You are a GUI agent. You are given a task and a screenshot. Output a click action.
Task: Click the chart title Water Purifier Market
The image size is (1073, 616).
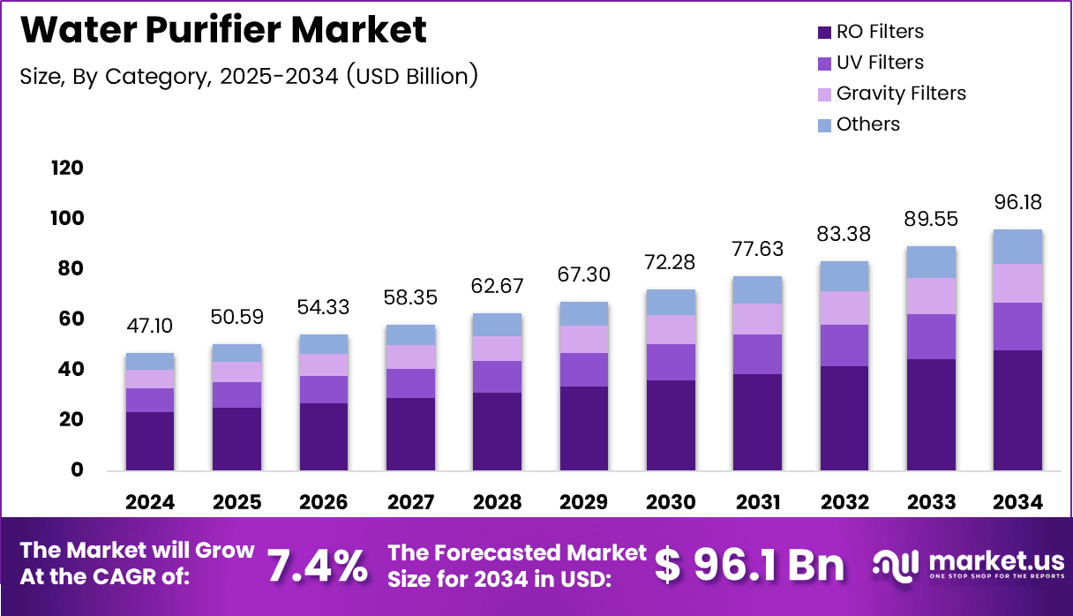[223, 30]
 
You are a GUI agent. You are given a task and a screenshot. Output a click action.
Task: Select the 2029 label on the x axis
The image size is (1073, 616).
[583, 502]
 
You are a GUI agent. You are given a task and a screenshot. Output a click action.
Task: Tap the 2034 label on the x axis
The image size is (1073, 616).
[1017, 502]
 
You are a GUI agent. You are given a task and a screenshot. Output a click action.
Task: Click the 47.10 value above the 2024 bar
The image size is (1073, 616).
[149, 327]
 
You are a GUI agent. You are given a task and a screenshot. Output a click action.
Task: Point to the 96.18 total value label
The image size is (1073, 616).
[1017, 203]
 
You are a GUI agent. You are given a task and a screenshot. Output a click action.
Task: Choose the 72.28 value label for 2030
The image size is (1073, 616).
[671, 262]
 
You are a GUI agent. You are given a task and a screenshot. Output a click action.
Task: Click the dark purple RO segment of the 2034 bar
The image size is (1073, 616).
[1017, 410]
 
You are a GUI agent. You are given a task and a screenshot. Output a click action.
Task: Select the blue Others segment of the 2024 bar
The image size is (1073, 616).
[149, 361]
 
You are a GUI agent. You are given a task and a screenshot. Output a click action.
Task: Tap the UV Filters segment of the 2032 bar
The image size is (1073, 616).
[844, 345]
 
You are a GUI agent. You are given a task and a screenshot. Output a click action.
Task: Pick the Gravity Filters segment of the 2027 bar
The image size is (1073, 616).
[410, 357]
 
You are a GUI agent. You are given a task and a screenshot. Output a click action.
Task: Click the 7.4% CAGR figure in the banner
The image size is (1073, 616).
[317, 566]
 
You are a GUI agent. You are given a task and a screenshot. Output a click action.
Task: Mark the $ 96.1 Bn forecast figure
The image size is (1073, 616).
[749, 566]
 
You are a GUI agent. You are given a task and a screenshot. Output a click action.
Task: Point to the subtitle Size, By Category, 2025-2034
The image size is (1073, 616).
[249, 76]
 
